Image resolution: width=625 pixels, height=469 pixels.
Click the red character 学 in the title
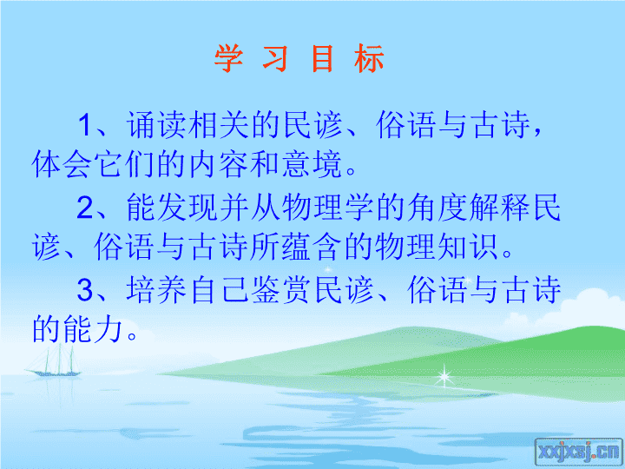[x=229, y=58]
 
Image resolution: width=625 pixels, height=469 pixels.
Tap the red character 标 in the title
[x=369, y=58]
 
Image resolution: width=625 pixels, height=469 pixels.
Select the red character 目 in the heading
[x=322, y=58]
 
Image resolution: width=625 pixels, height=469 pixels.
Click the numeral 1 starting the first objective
[x=85, y=125]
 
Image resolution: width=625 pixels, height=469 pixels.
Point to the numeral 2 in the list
[x=85, y=208]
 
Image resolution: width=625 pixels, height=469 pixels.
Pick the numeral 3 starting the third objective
[x=85, y=290]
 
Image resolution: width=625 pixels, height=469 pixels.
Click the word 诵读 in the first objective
[x=156, y=125]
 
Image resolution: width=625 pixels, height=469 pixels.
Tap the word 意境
[x=312, y=164]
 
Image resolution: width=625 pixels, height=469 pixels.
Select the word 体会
[x=62, y=164]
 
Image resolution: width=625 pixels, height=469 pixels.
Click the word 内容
[x=219, y=164]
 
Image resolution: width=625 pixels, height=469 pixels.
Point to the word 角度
[x=437, y=208]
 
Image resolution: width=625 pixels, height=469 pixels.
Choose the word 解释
[x=499, y=208]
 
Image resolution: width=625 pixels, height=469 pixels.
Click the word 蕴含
[x=312, y=247]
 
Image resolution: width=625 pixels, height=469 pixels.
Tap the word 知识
[x=468, y=247]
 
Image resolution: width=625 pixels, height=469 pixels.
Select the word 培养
[x=156, y=290]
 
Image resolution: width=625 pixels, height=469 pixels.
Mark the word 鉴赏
[x=281, y=290]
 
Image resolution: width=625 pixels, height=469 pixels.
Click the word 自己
[x=219, y=290]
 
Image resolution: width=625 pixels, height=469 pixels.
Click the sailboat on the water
[x=55, y=363]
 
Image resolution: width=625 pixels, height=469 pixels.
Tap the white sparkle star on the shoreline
[x=444, y=376]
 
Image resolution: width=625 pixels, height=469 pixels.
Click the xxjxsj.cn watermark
[x=579, y=452]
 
